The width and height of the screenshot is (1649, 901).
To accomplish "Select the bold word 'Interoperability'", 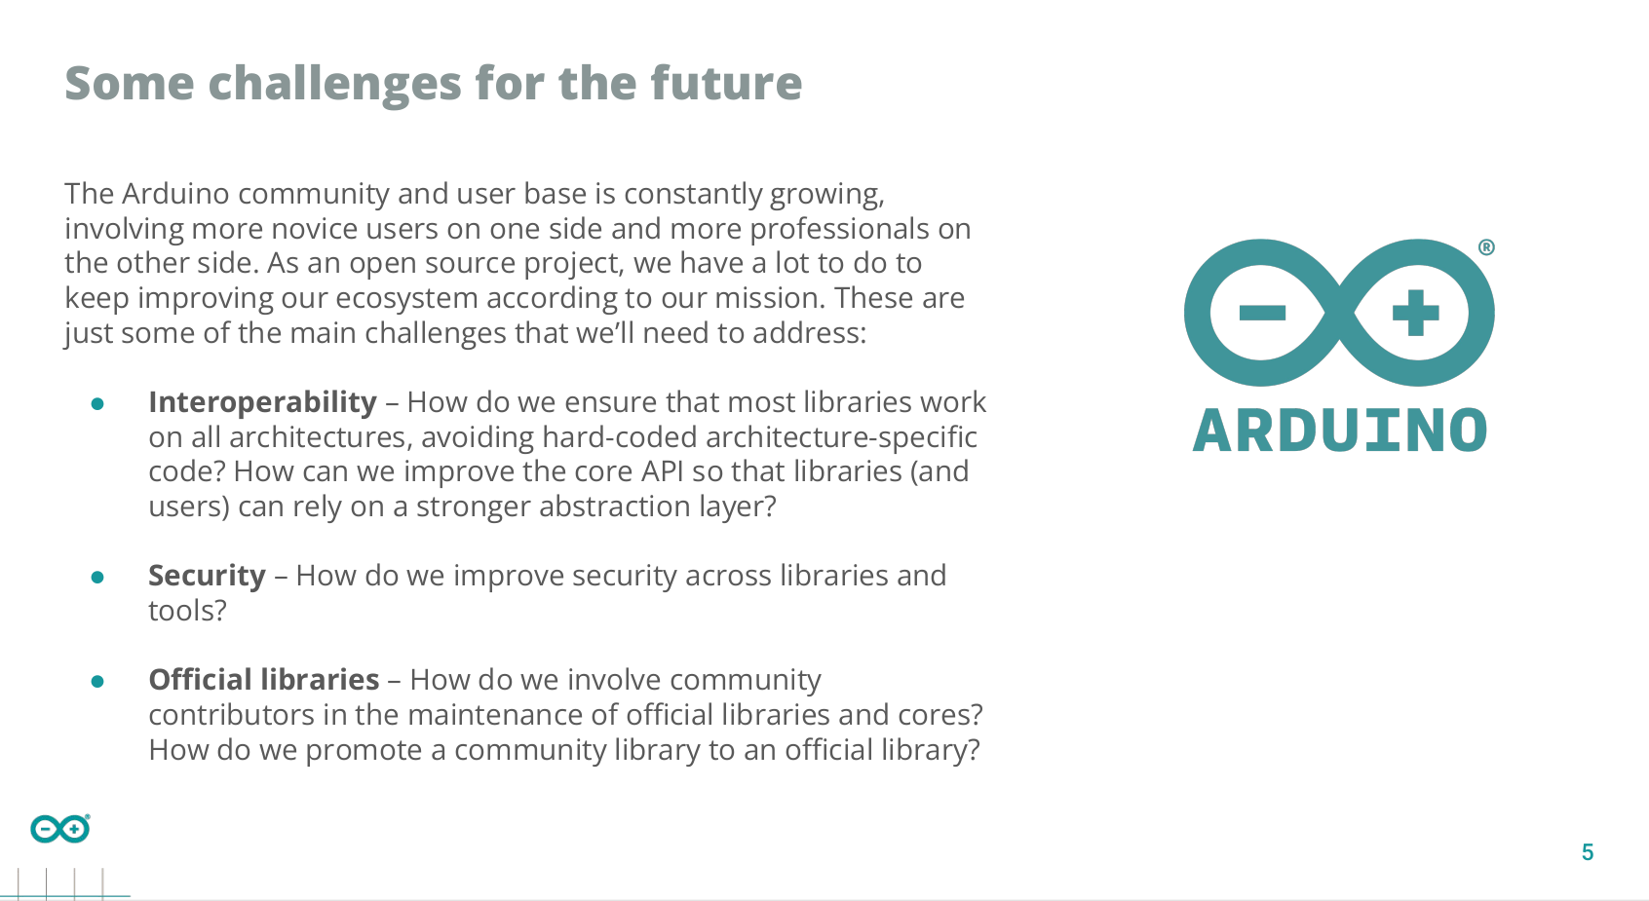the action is [263, 403].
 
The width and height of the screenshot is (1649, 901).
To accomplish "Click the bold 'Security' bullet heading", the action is [207, 576].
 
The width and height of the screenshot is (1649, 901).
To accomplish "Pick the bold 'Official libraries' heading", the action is [264, 680].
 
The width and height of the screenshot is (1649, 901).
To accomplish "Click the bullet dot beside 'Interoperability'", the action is [97, 404].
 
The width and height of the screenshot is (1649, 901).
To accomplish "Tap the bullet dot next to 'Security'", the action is [97, 578].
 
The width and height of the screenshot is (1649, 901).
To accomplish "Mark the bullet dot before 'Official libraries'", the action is [97, 682].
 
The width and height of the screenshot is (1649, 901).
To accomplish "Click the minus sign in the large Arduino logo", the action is [1262, 314].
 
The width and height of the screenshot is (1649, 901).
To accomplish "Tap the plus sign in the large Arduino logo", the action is [1416, 314].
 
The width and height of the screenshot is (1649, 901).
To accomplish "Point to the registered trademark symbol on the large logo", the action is [1486, 247].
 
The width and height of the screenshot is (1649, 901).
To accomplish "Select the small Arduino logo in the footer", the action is [60, 829].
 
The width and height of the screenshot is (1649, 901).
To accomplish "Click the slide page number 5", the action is [1588, 852].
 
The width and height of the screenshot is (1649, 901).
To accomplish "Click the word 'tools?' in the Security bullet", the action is [188, 611].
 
